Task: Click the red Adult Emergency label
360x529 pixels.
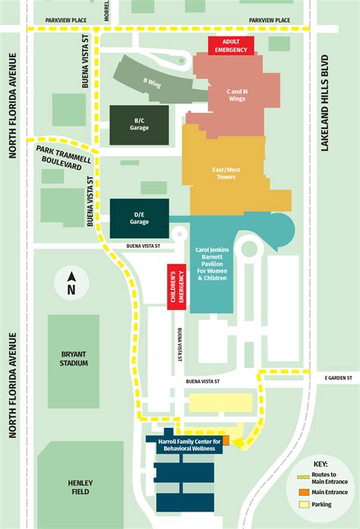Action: [x=231, y=45]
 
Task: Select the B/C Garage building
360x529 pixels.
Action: [x=139, y=125]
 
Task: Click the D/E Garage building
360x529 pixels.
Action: [x=139, y=218]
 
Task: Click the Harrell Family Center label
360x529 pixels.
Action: [x=188, y=445]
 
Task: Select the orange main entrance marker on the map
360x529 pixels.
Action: [x=226, y=440]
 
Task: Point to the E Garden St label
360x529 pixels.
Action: [x=339, y=378]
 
